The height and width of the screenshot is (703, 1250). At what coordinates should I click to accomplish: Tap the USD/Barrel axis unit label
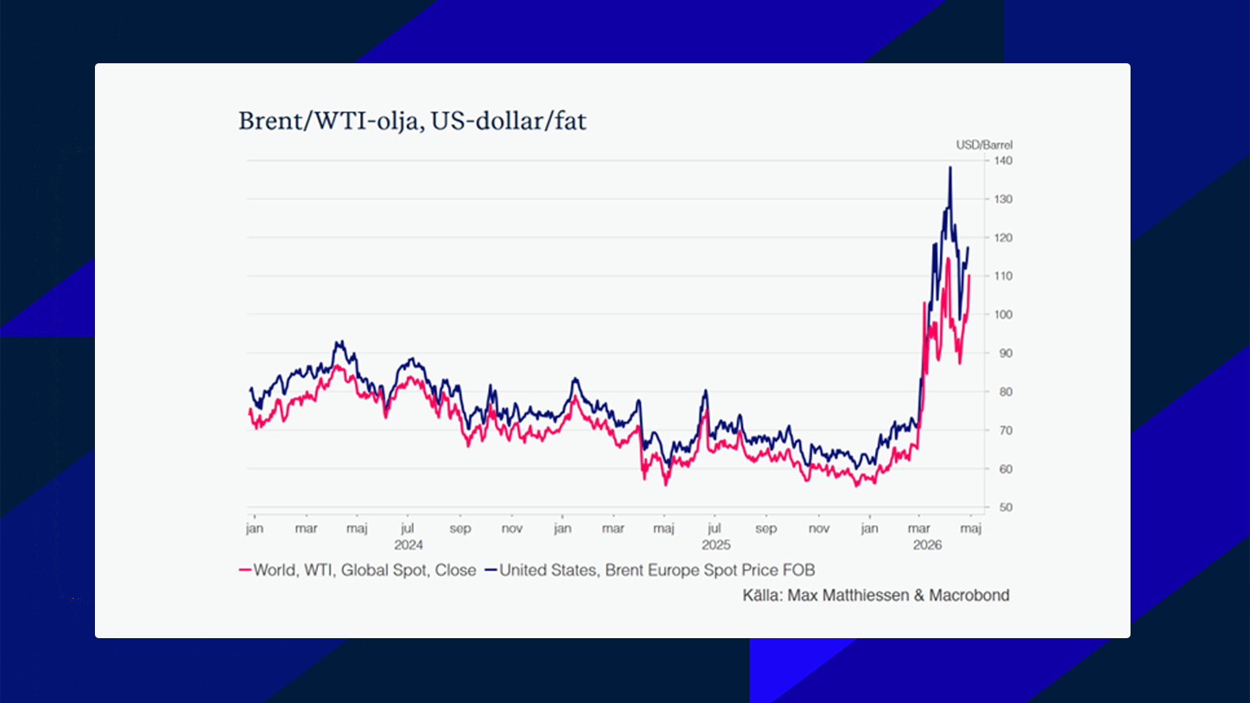pos(983,145)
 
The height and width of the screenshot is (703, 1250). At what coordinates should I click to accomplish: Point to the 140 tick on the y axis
pos(1002,161)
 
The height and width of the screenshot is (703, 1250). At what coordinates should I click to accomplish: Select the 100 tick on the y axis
pos(1002,315)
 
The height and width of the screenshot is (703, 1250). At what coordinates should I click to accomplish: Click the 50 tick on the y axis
pos(1005,508)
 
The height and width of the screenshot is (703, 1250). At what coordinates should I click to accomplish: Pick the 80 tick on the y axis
pos(1005,391)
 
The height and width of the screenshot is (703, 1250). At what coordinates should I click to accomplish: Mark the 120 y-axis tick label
pos(1002,238)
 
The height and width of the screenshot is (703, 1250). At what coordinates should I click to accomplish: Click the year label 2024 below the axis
pos(408,545)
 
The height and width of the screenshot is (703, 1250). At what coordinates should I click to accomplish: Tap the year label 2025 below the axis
pos(716,545)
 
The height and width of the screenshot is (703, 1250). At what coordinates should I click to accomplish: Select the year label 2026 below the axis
pos(927,545)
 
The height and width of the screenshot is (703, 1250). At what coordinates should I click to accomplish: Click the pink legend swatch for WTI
pos(244,570)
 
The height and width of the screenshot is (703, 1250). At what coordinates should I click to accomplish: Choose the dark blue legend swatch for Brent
pos(491,570)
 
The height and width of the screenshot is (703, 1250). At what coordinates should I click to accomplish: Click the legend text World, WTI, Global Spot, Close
pos(365,570)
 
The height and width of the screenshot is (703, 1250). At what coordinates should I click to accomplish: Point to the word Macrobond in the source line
pos(969,595)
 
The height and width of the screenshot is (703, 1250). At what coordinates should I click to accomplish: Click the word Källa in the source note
pos(761,595)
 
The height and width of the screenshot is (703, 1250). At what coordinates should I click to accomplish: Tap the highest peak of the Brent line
pos(950,168)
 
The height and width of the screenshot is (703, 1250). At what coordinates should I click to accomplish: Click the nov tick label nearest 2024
pos(512,528)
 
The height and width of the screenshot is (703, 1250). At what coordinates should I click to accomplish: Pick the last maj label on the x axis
pos(971,528)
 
